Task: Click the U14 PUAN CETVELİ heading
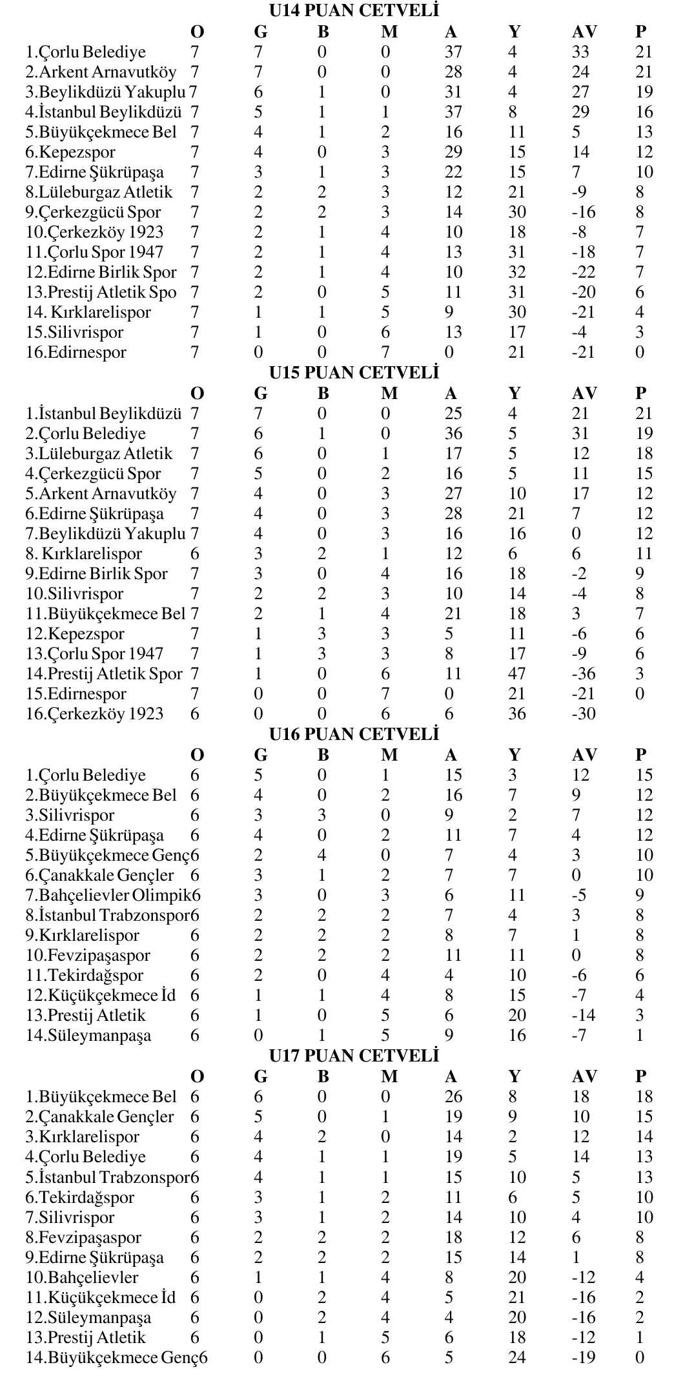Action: tap(354, 11)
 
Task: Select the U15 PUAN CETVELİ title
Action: tap(354, 373)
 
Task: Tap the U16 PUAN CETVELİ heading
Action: tap(354, 734)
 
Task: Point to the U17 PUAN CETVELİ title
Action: tap(354, 1056)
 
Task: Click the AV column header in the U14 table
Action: tap(584, 32)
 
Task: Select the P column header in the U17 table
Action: tap(640, 1076)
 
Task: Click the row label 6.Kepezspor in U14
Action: tap(70, 152)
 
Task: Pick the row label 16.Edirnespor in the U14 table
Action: tap(76, 353)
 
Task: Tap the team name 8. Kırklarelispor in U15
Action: tap(83, 554)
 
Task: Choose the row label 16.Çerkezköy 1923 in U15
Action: tap(94, 714)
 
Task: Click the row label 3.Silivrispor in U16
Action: tap(70, 816)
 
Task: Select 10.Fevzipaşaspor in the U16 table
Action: tap(88, 956)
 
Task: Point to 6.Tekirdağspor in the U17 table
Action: tap(79, 1198)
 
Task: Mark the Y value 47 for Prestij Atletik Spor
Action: tap(516, 674)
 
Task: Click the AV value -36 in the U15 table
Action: tap(584, 674)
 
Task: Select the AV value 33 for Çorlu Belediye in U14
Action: tap(580, 52)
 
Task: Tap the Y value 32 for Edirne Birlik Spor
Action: tap(516, 272)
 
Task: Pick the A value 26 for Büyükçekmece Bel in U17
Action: tap(453, 1097)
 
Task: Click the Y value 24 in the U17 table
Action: tap(516, 1358)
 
